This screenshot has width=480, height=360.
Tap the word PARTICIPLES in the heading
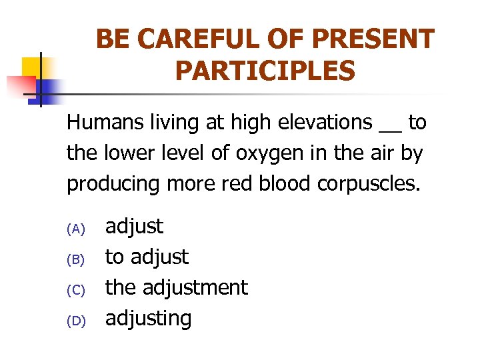(x=265, y=70)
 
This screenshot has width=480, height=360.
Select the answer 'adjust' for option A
(x=134, y=227)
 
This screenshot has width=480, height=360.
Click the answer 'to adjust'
(x=147, y=257)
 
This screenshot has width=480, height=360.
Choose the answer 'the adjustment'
(x=177, y=287)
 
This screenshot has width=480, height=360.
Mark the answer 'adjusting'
(x=149, y=319)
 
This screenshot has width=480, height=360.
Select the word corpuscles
(x=369, y=185)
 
